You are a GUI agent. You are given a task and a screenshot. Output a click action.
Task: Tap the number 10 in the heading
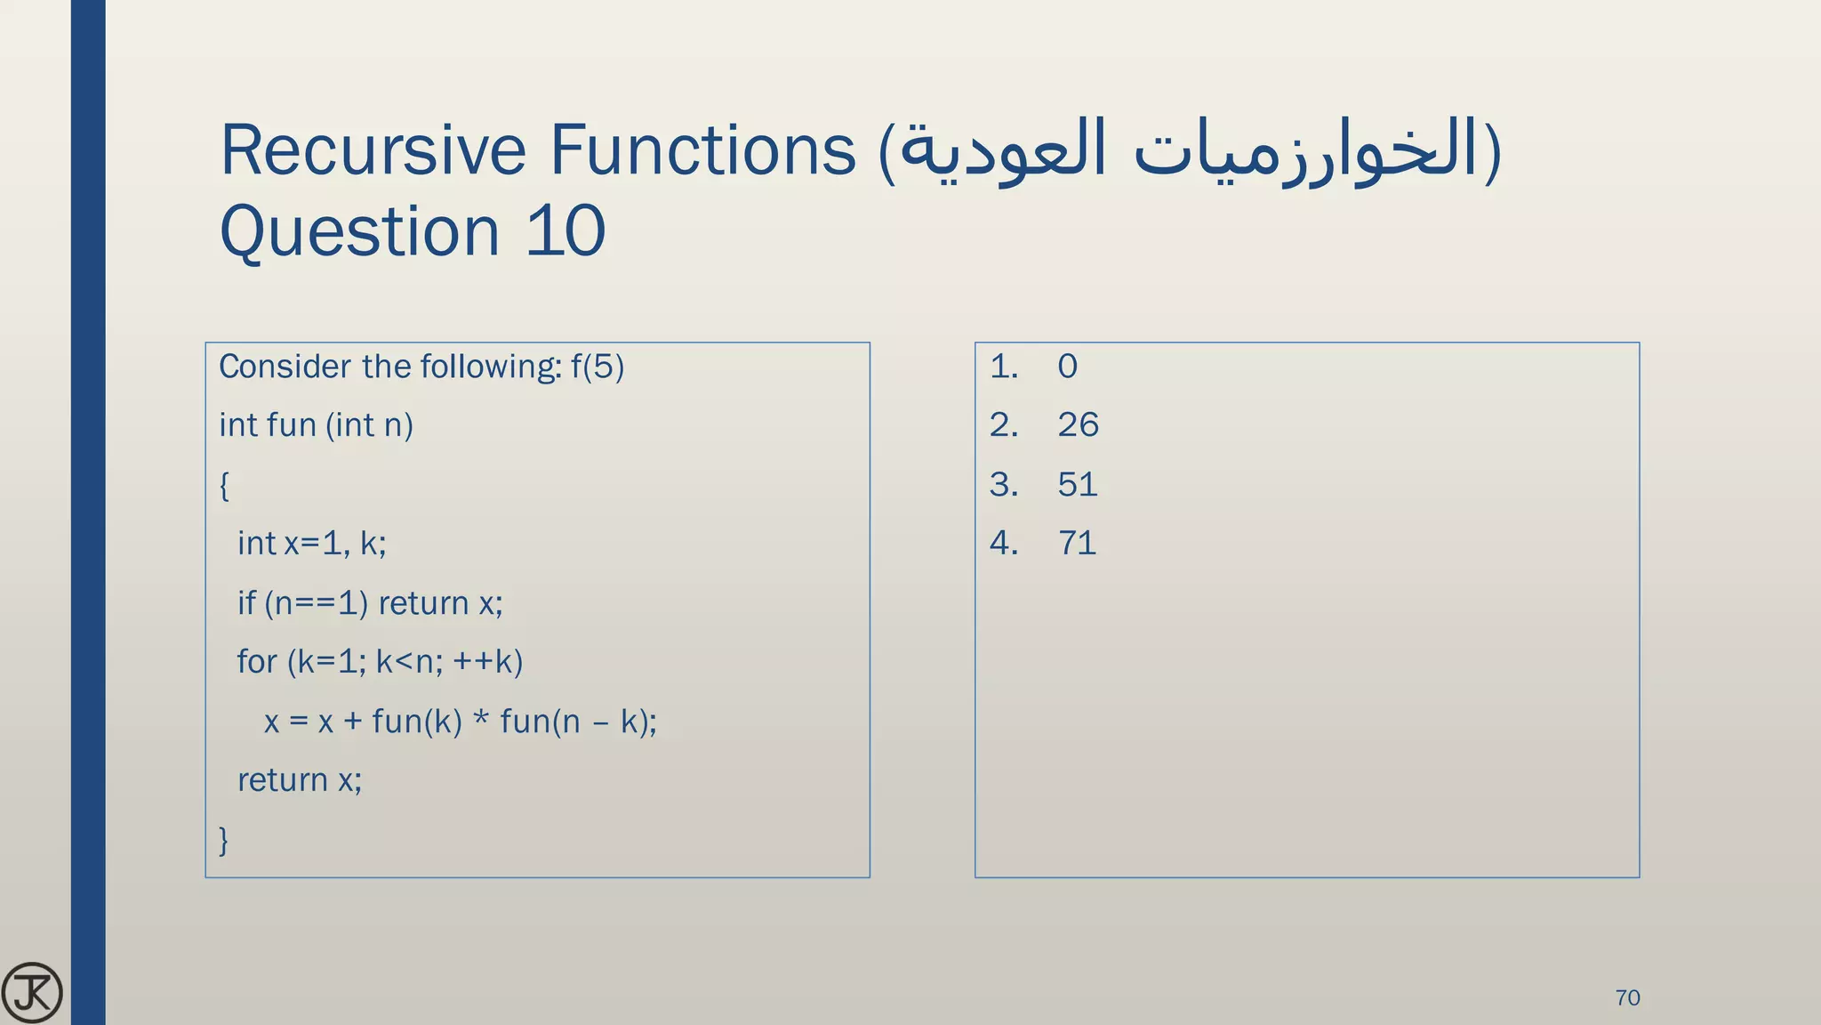566,231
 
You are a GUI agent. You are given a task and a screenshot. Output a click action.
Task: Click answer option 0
1067,367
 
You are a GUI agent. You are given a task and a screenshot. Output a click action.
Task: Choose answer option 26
1078,425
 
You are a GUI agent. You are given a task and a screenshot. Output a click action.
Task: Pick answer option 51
1078,485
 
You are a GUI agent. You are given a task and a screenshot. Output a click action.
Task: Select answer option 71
1077,544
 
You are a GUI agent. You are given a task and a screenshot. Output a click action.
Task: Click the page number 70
1627,997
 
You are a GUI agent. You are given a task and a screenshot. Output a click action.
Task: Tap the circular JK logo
32,993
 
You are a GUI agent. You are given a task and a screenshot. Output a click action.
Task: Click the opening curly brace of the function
224,486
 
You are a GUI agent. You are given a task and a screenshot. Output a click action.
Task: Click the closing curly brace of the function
224,839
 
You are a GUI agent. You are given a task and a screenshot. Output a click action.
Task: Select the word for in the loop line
257,662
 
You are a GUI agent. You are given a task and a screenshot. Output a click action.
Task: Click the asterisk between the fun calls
481,719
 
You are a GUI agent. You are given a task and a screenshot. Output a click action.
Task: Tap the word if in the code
246,603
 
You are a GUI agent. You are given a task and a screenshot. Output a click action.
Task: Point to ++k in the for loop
487,662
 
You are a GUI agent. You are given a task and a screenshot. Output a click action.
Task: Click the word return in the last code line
283,780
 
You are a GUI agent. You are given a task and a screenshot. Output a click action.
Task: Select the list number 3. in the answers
1004,485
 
